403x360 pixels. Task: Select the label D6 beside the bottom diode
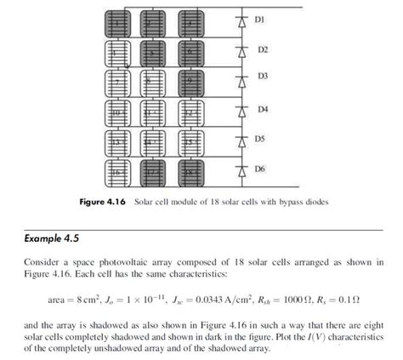pos(261,169)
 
